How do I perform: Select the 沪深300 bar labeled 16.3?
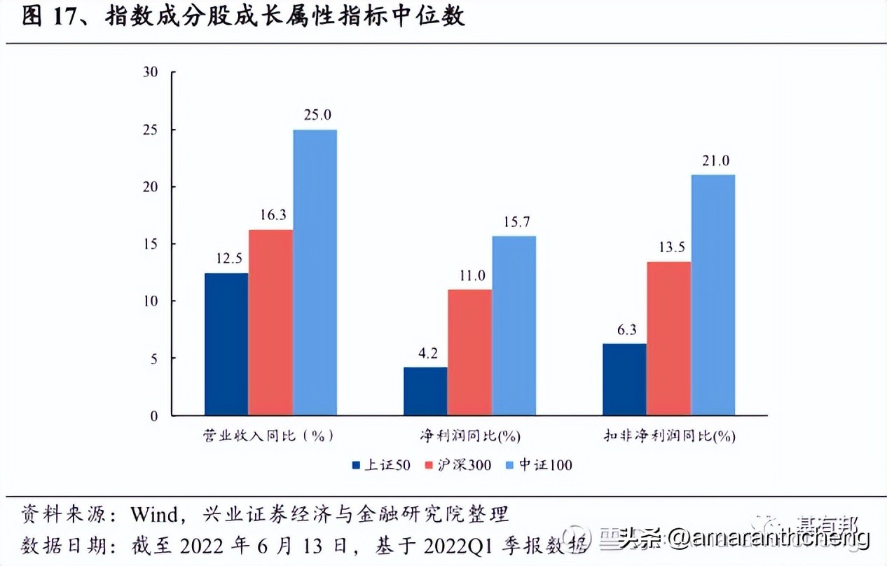[x=270, y=322]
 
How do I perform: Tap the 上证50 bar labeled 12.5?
[x=226, y=344]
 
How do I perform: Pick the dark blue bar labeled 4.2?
[x=425, y=391]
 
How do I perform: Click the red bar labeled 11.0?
[x=469, y=352]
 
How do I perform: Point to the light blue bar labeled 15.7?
[x=514, y=325]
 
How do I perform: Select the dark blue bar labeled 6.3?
[x=624, y=379]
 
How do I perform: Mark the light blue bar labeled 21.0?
[x=713, y=295]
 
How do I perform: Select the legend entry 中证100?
[x=539, y=464]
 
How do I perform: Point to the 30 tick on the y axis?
[x=150, y=73]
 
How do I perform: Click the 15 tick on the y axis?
[x=150, y=244]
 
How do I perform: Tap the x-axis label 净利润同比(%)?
[x=470, y=436]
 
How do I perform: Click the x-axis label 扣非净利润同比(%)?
[x=669, y=436]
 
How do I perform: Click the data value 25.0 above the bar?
[x=317, y=114]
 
